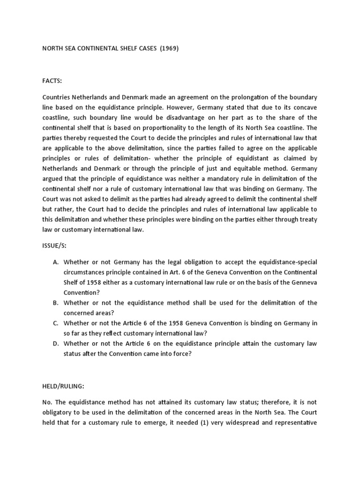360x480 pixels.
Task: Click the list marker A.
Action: pyautogui.click(x=55, y=262)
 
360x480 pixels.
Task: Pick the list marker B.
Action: pyautogui.click(x=55, y=303)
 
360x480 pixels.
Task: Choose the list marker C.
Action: pyautogui.click(x=55, y=323)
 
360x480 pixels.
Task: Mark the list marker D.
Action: pyautogui.click(x=55, y=344)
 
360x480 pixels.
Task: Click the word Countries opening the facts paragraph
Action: pyautogui.click(x=58, y=97)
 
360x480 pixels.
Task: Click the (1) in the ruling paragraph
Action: pyautogui.click(x=221, y=423)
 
